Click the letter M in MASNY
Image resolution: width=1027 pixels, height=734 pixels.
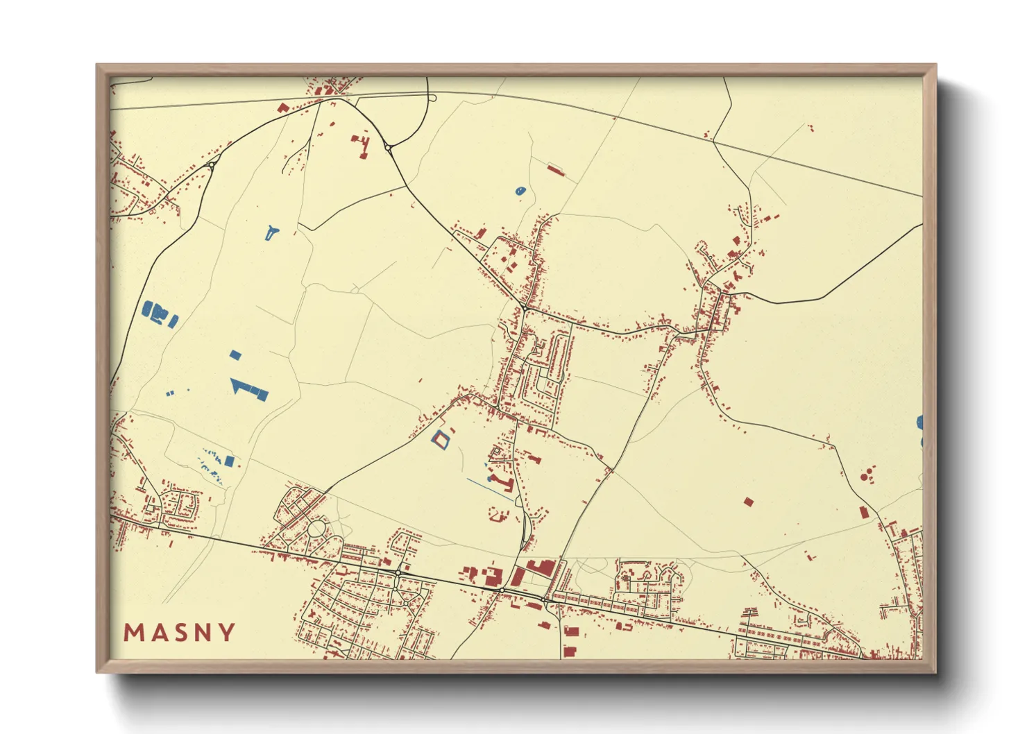pos(134,633)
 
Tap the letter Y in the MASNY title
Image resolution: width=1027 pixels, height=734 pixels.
pos(226,633)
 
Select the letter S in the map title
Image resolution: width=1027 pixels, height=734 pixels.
pos(180,633)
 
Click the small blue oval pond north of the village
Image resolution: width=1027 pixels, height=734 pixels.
pos(520,190)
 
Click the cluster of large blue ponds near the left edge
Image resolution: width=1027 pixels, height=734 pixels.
pos(159,313)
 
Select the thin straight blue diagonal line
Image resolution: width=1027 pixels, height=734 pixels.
pos(490,488)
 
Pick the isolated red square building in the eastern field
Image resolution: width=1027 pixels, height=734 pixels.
pos(748,501)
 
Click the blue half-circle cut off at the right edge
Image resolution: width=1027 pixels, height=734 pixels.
pos(920,422)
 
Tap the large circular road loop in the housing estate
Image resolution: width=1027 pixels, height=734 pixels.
pos(316,530)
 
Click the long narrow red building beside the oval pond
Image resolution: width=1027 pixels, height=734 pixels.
pos(556,169)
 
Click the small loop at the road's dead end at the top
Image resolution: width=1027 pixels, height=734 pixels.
pos(432,98)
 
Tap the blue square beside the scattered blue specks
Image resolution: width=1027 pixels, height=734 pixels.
pos(229,461)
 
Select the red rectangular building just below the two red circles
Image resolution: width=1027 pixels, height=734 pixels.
pos(864,512)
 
